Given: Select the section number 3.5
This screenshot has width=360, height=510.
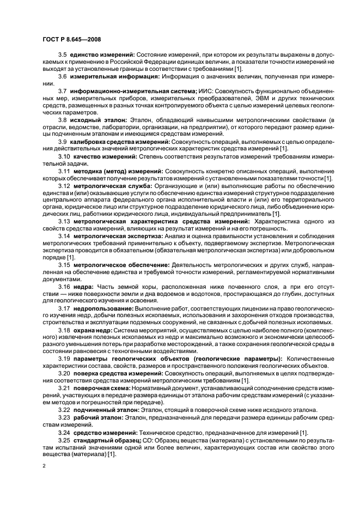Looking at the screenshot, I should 63,56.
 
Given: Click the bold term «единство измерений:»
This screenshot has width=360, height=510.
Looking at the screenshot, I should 102,56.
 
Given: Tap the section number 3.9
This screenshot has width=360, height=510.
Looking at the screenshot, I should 63,141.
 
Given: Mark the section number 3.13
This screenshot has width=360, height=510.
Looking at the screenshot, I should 64,222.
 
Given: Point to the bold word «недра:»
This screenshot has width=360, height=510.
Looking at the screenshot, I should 83,286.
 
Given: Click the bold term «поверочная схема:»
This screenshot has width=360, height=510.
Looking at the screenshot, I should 103,386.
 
